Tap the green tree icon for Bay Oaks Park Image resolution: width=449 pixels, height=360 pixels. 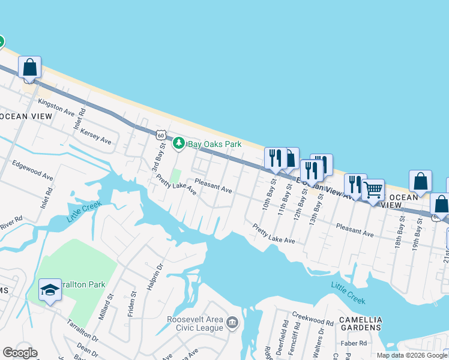click(x=178, y=143)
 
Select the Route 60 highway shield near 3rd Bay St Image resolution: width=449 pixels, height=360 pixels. click(x=160, y=135)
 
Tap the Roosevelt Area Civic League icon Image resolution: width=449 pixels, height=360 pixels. click(x=232, y=324)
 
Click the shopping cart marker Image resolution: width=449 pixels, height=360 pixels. click(x=373, y=191)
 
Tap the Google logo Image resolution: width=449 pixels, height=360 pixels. click(x=20, y=353)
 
